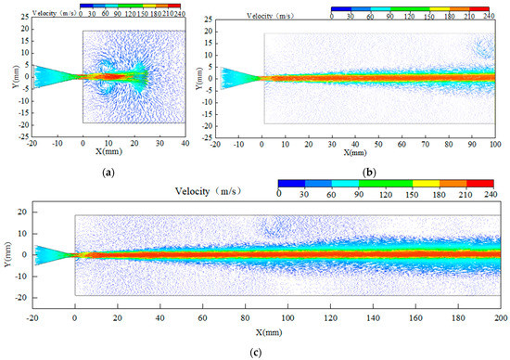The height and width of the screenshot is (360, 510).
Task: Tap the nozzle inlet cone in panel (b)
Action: click(x=234, y=78)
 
